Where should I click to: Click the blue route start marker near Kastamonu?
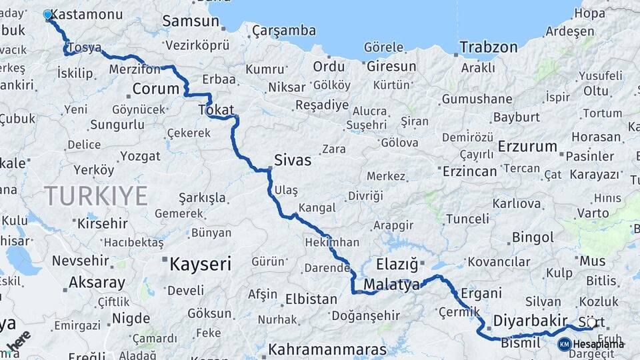point(47,14)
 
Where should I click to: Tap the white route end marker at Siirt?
point(591,323)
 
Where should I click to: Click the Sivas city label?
point(293,160)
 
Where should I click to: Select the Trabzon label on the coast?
point(489,47)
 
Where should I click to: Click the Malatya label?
point(392,285)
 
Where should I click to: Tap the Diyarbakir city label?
point(530,321)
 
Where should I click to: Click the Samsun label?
point(191,21)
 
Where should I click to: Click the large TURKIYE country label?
point(96,195)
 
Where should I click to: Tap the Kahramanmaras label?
point(327,349)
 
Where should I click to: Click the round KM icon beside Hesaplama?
point(564,344)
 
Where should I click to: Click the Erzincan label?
point(469,171)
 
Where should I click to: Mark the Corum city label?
point(156,89)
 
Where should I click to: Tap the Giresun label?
point(391,67)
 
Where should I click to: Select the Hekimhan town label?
point(331,243)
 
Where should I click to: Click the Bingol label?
point(533,237)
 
